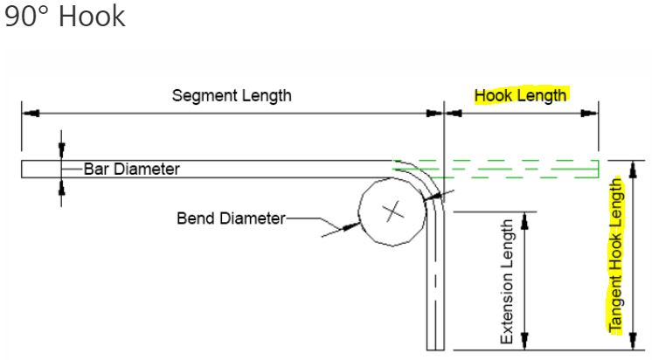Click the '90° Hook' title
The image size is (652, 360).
[66, 17]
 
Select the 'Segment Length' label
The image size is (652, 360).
[232, 95]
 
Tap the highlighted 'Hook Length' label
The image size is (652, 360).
[520, 95]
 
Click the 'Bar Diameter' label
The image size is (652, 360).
[132, 169]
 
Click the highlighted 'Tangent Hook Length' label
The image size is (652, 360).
[617, 255]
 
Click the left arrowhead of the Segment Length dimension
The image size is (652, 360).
[28, 112]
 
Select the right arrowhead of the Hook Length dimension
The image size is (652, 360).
[592, 112]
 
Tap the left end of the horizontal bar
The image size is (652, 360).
[24, 169]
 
